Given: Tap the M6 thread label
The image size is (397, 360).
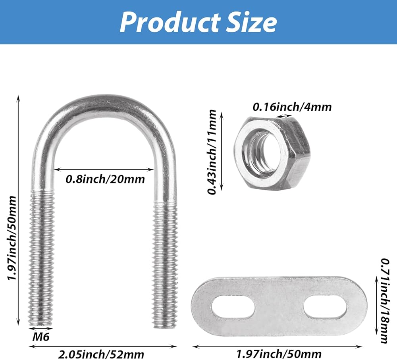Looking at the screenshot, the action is tap(41, 337).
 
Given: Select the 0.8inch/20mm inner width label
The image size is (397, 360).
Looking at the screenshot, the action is tap(105, 179).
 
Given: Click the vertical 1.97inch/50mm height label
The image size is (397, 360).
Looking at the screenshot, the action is tap(12, 238).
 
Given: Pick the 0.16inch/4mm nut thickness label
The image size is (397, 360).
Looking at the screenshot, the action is tap(292, 107).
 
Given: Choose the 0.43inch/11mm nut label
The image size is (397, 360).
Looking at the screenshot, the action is tap(212, 152).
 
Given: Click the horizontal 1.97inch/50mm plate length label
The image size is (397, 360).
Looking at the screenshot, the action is tap(279, 354).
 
